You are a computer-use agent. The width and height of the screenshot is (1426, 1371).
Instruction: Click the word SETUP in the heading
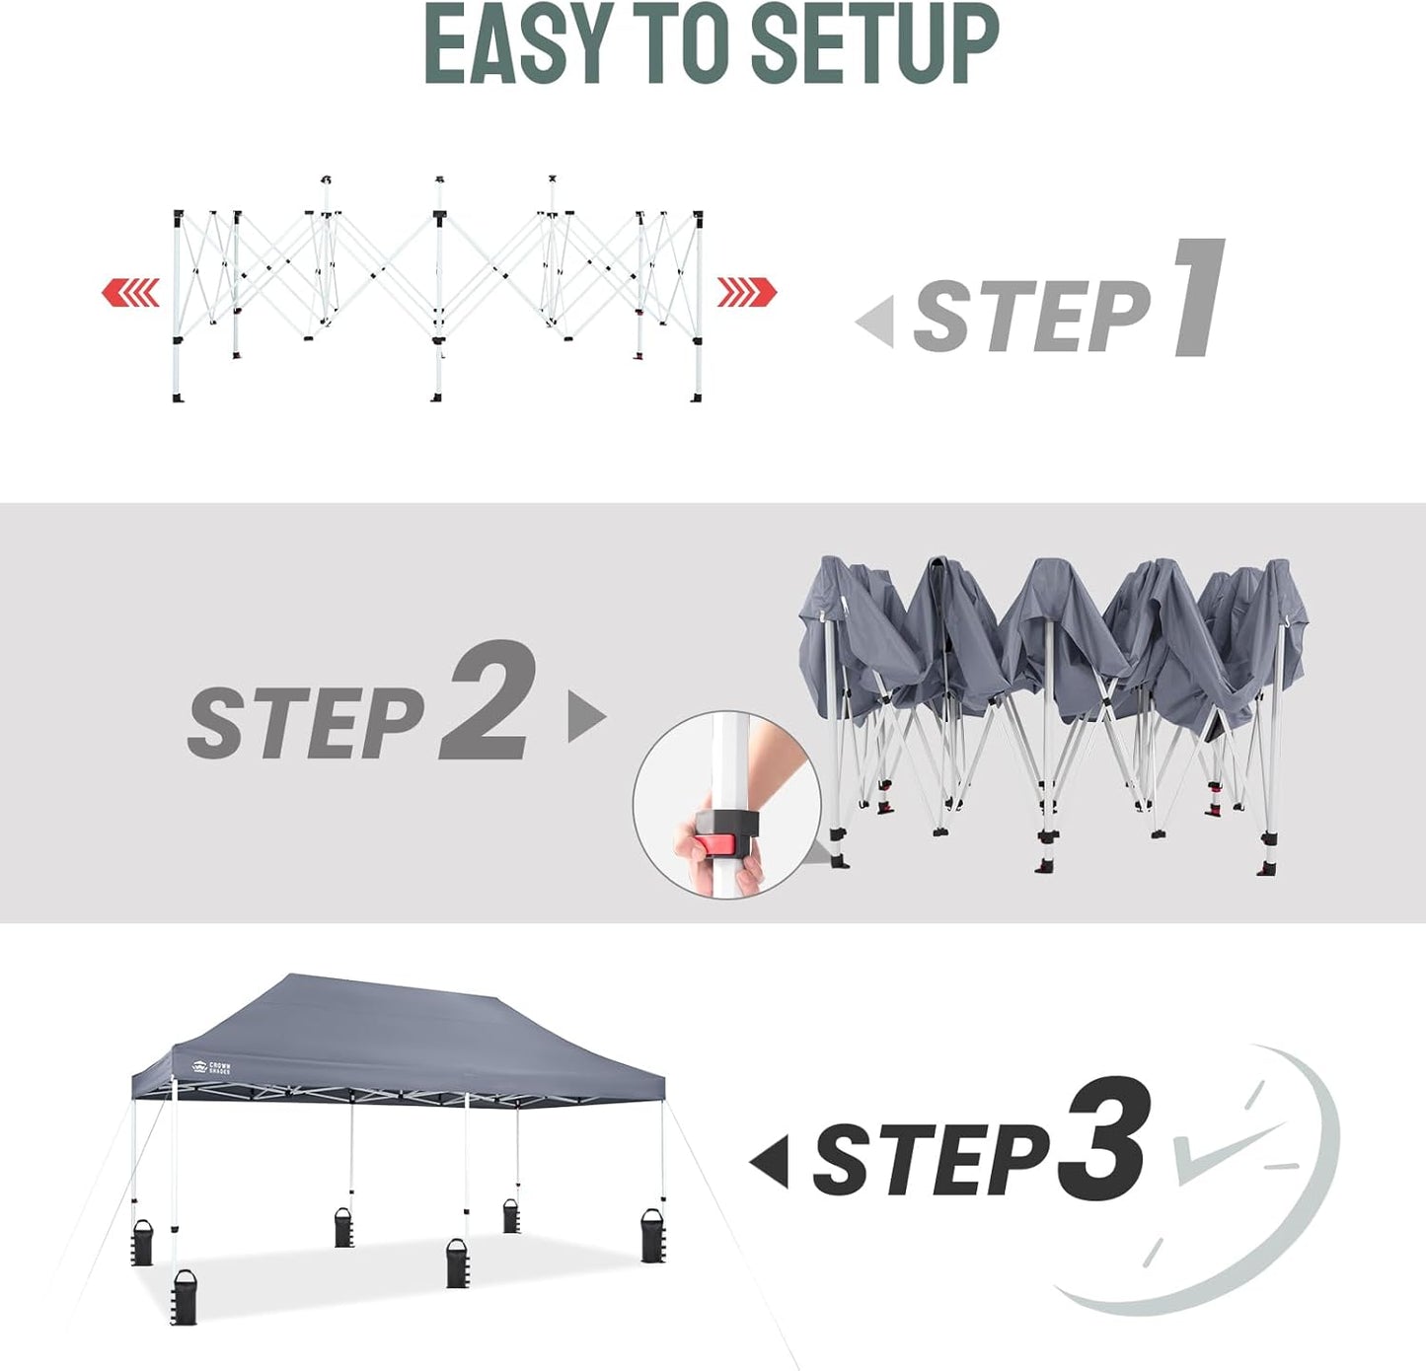[874, 45]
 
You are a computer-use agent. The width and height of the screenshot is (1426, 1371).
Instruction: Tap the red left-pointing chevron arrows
[130, 293]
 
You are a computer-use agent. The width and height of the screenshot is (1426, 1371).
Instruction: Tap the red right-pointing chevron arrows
[747, 293]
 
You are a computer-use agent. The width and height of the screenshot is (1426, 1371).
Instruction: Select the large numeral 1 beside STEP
[1200, 298]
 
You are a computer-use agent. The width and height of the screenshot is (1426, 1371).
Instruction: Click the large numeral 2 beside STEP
[489, 701]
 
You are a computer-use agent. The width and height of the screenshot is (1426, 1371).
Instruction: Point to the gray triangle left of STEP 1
[877, 322]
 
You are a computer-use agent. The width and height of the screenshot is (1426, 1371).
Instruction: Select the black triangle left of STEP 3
[771, 1161]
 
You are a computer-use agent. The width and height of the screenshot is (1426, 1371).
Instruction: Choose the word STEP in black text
[930, 1161]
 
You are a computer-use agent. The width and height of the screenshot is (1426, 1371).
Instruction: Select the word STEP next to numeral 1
[1031, 316]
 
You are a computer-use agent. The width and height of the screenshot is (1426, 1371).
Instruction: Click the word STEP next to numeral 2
[306, 723]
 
